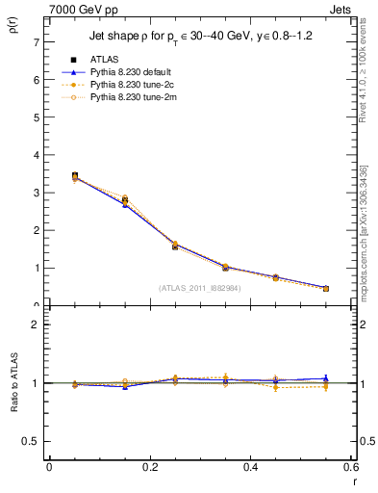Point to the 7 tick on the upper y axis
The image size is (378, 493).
click(x=36, y=42)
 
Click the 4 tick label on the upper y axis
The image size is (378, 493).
click(x=36, y=155)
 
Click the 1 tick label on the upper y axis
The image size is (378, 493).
click(x=36, y=268)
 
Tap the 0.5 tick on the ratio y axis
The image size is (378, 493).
click(x=31, y=441)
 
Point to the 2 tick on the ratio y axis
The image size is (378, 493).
click(x=36, y=324)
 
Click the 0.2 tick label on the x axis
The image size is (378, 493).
click(x=149, y=467)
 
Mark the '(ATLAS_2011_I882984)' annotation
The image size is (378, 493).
click(x=198, y=287)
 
